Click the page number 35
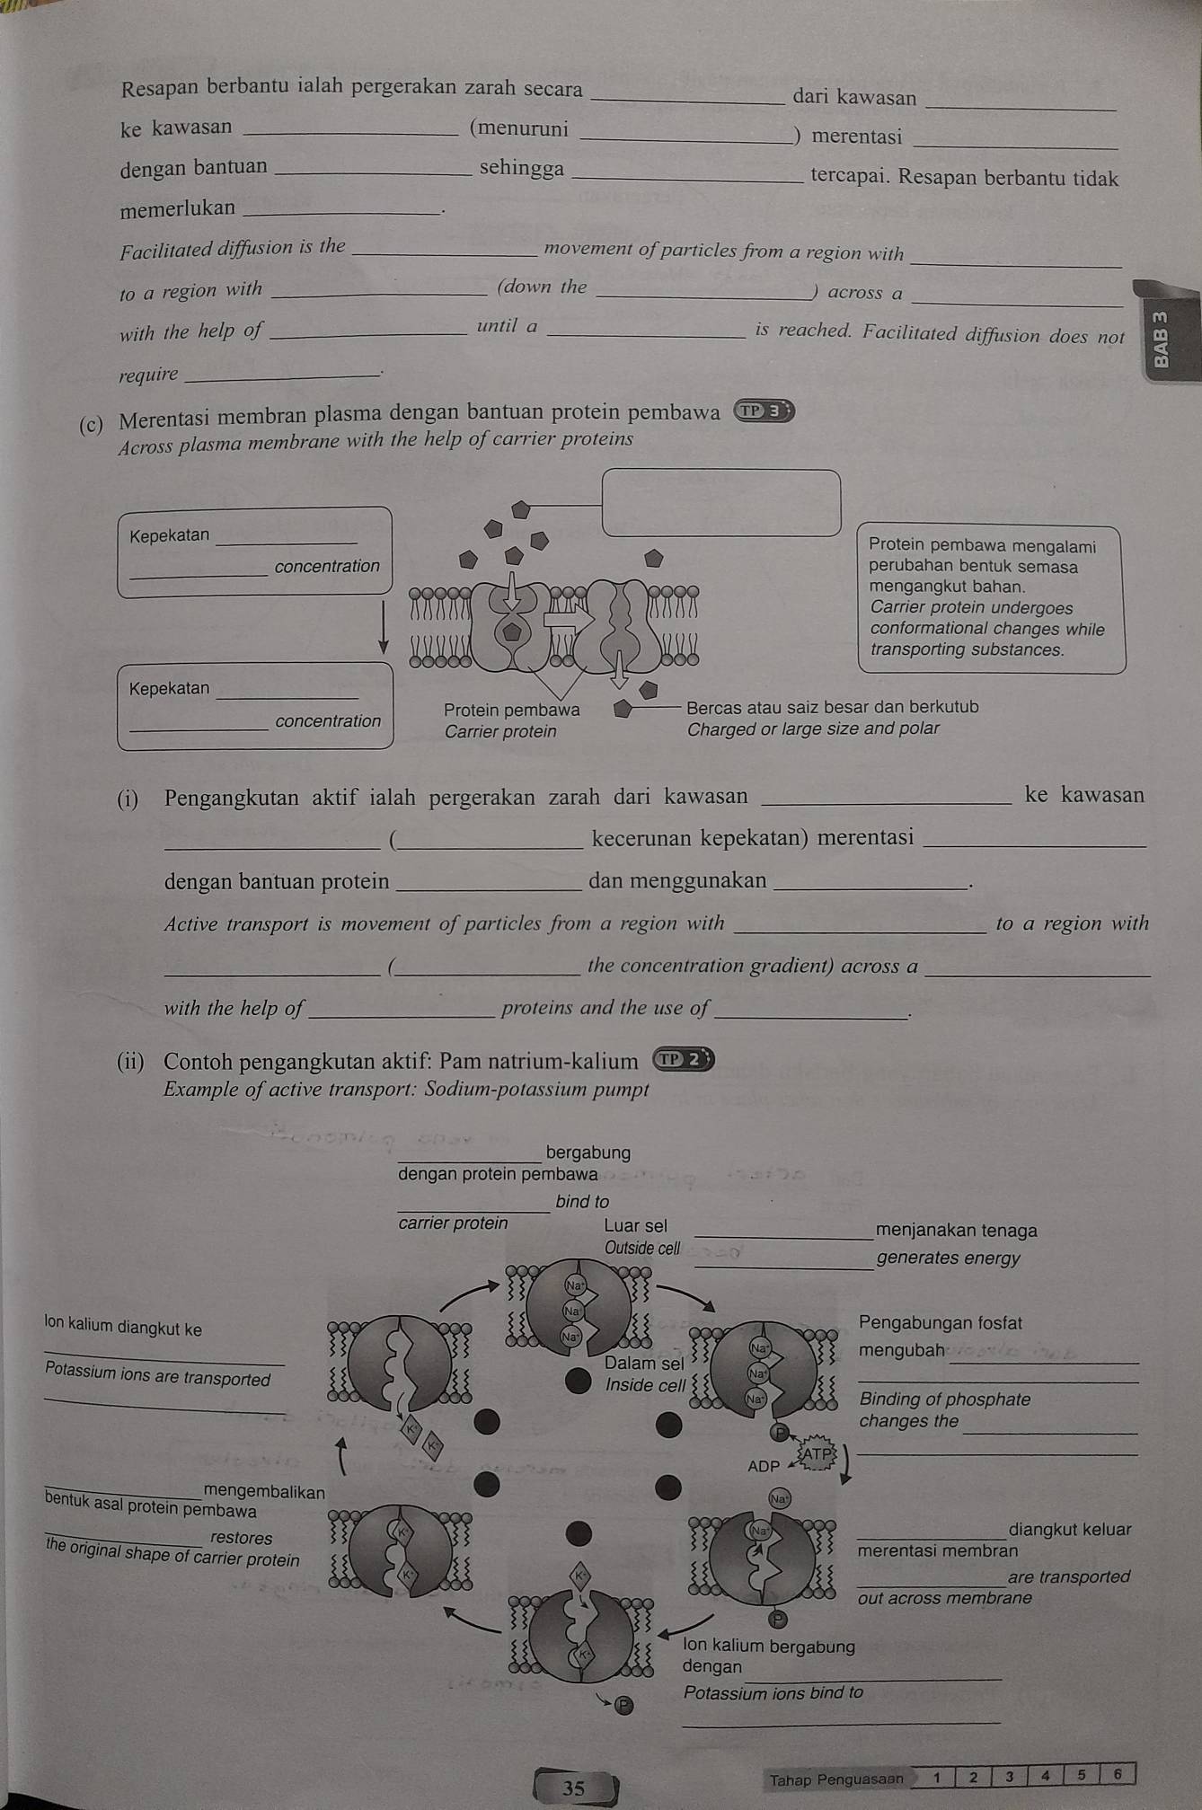point(573,1788)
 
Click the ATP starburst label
point(818,1453)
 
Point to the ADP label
point(764,1466)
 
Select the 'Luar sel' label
point(635,1225)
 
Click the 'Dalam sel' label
point(644,1363)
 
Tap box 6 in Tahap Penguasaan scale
point(1118,1774)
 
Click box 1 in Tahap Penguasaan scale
point(936,1776)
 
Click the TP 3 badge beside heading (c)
point(765,411)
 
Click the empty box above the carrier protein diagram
point(720,502)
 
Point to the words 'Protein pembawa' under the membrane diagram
point(511,710)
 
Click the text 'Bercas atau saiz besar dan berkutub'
point(832,707)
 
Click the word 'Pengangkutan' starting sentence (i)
point(232,797)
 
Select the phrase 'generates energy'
point(948,1258)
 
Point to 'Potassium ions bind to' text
point(773,1692)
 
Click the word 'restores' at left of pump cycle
point(241,1538)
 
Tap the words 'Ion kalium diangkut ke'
point(123,1328)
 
